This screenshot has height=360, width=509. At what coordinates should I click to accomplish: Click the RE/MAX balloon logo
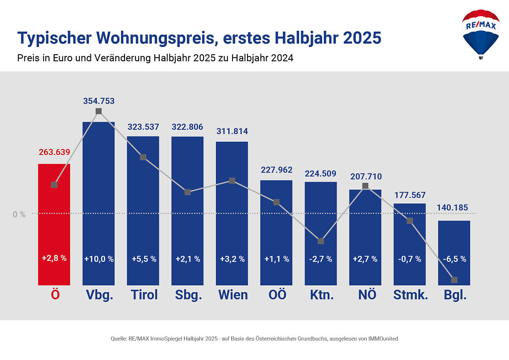(x=480, y=33)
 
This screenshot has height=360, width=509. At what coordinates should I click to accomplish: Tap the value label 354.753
(x=99, y=101)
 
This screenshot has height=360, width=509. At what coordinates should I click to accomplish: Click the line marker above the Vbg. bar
(x=99, y=111)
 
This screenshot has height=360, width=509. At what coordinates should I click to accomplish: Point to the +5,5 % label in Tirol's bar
(x=143, y=259)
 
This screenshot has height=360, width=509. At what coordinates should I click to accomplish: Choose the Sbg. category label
(x=188, y=295)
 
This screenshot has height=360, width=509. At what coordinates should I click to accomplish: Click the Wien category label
(x=233, y=295)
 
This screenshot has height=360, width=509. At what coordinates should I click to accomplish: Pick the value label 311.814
(x=232, y=132)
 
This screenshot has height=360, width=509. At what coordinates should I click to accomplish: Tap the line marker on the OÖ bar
(x=276, y=202)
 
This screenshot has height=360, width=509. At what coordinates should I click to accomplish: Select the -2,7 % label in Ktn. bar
(x=321, y=259)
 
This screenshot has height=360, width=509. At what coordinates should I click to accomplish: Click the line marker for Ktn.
(x=321, y=241)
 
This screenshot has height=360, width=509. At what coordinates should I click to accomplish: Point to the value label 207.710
(x=366, y=176)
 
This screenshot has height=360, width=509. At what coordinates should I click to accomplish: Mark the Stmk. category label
(x=410, y=295)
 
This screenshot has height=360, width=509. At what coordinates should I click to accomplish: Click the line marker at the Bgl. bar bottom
(x=454, y=280)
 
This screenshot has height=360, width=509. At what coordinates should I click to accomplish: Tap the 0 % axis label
(x=19, y=214)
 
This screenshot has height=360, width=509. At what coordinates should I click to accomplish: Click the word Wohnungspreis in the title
(x=157, y=38)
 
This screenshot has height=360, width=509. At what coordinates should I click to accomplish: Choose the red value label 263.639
(x=54, y=152)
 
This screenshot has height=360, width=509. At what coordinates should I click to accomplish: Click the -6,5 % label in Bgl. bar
(x=454, y=259)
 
